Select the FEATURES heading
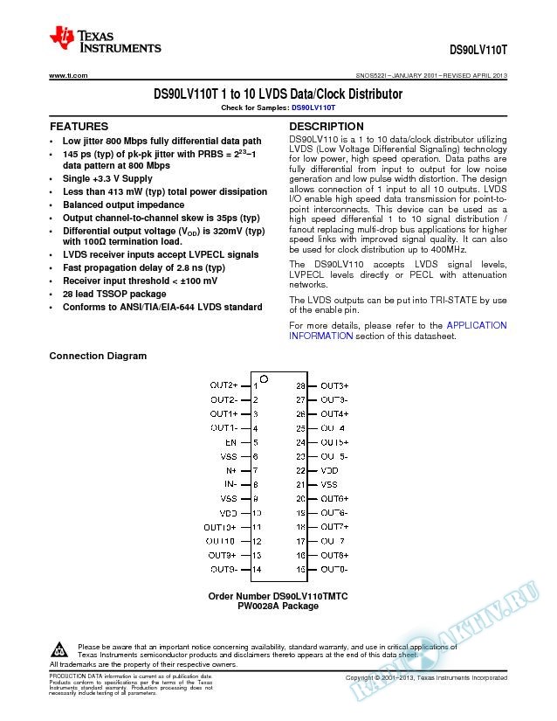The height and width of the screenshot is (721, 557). [79, 127]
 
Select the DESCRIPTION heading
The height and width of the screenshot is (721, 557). [326, 127]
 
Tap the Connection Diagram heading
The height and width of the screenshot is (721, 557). [98, 356]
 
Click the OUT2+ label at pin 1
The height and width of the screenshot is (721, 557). [223, 385]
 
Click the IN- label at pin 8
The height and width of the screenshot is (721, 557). [230, 483]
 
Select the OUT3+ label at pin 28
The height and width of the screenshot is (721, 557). [334, 385]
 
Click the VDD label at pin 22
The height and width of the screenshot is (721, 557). [329, 469]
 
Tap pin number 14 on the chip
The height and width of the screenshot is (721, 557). [256, 569]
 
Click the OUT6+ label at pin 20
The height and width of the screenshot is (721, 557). [334, 498]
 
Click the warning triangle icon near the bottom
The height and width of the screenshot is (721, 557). [60, 650]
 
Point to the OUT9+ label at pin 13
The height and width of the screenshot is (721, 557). [222, 555]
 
